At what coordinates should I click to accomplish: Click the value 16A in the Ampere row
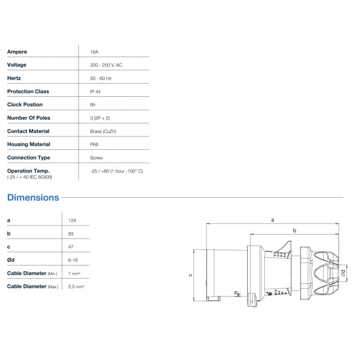pos(94,52)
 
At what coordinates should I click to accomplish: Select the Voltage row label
pos(17,65)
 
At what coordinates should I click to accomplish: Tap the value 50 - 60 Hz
pos(100,78)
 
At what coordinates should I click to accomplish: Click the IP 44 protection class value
pos(95,91)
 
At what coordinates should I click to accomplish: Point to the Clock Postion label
pos(25,104)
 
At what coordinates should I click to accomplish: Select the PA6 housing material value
pos(95,144)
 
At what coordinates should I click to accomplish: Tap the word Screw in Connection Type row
pos(96,158)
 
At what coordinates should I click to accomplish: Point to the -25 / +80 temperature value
pos(117,171)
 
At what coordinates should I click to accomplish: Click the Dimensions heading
pos(33,198)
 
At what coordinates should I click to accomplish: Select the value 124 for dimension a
pos(72,220)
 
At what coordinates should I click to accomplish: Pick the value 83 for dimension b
pos(71,234)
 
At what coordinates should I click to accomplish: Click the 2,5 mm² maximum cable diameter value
pos(76,286)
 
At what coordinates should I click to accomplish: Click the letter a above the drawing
pos(272,220)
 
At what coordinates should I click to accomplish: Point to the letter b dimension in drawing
pos(294,230)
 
